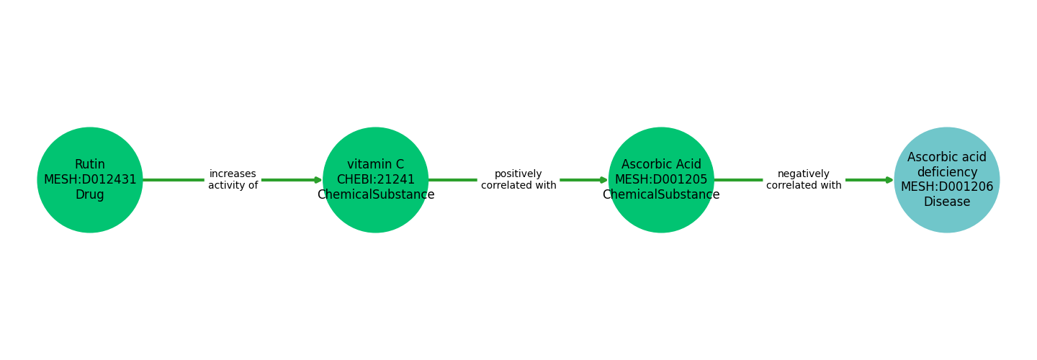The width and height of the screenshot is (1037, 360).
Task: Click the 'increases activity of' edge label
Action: pyautogui.click(x=233, y=180)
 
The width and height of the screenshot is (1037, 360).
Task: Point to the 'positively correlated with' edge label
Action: pyautogui.click(x=518, y=180)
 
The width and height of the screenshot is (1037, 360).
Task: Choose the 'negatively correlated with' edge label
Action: pyautogui.click(x=804, y=180)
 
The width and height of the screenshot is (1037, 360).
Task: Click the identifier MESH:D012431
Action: pyautogui.click(x=90, y=180)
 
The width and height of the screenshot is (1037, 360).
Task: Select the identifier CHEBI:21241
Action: pyautogui.click(x=376, y=180)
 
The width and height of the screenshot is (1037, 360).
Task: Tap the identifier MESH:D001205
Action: pyautogui.click(x=661, y=180)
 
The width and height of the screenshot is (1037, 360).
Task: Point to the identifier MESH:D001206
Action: pyautogui.click(x=947, y=187)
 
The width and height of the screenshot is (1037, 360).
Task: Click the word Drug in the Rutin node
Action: pyautogui.click(x=90, y=195)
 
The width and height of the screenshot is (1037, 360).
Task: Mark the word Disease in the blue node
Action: pyautogui.click(x=947, y=202)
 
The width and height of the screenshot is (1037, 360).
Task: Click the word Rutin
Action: pyautogui.click(x=90, y=165)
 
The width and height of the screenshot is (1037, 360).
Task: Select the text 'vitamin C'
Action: pyautogui.click(x=376, y=165)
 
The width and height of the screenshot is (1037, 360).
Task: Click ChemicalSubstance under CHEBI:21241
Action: pyautogui.click(x=376, y=195)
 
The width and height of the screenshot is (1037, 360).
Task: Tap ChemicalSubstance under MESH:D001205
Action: pyautogui.click(x=661, y=195)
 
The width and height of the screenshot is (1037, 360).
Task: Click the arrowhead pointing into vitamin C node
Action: pyautogui.click(x=318, y=180)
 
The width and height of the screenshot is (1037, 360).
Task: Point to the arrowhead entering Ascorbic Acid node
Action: pyautogui.click(x=603, y=180)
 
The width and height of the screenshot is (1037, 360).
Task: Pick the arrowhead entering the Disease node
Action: pyautogui.click(x=889, y=180)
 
